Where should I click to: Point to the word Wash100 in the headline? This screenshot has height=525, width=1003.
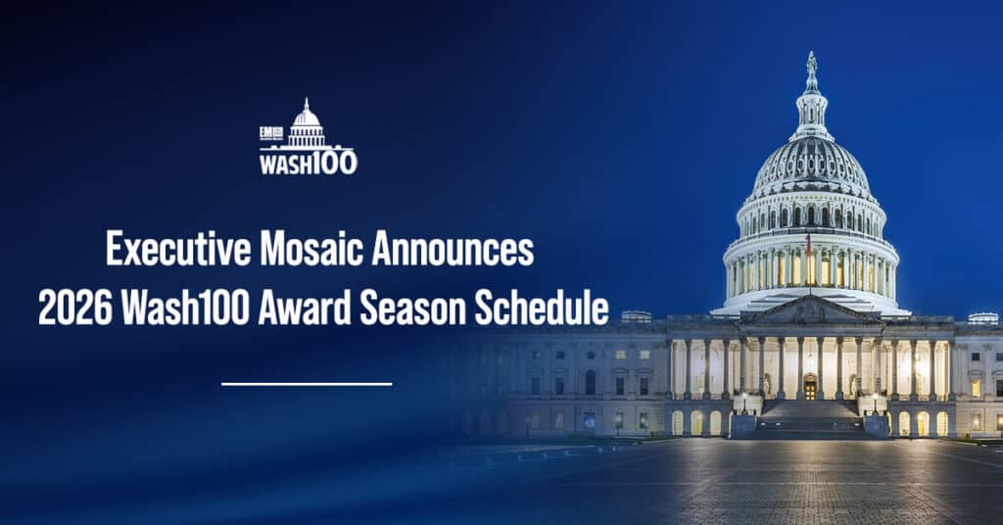(x=186, y=308)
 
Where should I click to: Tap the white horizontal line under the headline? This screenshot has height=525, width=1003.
(x=307, y=384)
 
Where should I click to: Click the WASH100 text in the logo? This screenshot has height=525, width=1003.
(x=308, y=163)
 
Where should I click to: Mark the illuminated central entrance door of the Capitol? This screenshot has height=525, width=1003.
(x=810, y=386)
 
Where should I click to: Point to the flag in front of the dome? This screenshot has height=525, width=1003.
(x=808, y=242)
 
